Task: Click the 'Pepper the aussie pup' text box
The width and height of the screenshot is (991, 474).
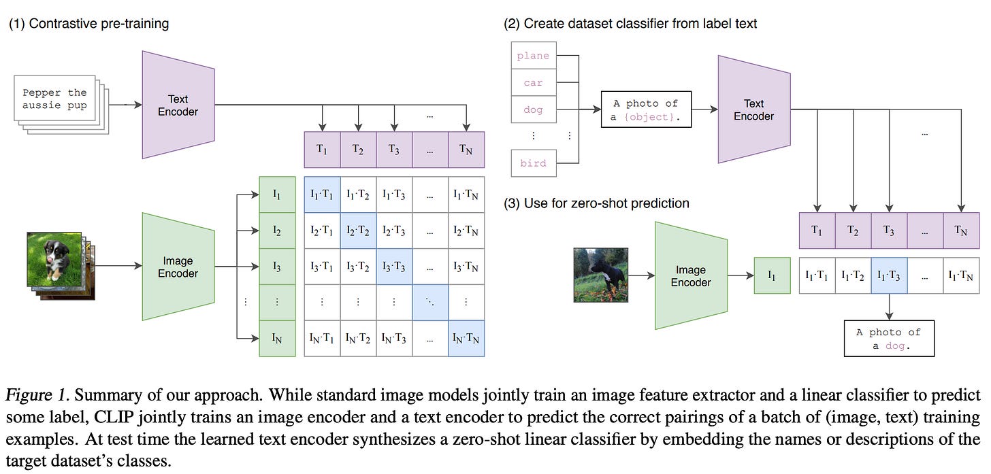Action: tap(54, 99)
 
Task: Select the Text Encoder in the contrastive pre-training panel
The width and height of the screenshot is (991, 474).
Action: tap(178, 105)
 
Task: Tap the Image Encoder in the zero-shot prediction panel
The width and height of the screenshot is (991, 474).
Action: tap(690, 276)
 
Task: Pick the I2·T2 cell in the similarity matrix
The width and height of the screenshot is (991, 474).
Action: tap(358, 231)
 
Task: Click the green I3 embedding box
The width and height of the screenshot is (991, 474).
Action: tap(276, 267)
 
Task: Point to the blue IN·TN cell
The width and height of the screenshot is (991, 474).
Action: tap(466, 339)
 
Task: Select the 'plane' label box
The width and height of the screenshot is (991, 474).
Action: tap(533, 56)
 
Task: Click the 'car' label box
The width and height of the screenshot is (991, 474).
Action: tap(533, 82)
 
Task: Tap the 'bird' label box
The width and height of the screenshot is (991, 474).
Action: tap(533, 163)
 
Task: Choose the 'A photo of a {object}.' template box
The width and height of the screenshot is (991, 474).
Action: tap(645, 109)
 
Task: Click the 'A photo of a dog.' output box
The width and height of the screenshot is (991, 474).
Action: tap(888, 339)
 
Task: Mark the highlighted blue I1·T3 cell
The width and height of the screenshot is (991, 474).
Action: tap(888, 275)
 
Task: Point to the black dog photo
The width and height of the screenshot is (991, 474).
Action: tap(600, 275)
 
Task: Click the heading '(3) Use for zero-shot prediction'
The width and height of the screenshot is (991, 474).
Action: tap(596, 203)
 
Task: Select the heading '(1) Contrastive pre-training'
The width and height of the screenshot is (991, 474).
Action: tap(88, 24)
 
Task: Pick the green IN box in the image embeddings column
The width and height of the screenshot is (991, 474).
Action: tap(276, 339)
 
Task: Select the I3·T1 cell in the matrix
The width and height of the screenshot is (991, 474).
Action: tap(322, 267)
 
